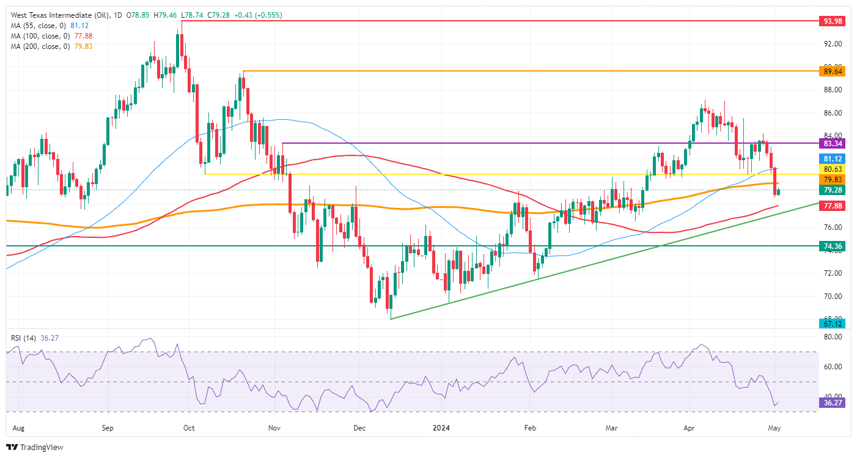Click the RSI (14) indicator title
21,337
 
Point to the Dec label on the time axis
359,428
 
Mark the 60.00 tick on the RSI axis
832,367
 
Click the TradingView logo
34,448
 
